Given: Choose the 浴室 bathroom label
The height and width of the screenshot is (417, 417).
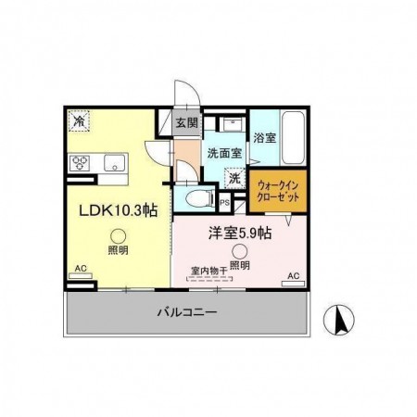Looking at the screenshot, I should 265,137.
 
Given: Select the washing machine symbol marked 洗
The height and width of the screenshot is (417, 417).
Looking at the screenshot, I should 234,177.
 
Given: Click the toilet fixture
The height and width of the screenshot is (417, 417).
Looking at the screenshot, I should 197,197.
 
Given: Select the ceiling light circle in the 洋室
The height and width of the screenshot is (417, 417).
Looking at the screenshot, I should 240,250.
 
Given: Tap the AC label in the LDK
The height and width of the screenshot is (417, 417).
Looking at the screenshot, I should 81,270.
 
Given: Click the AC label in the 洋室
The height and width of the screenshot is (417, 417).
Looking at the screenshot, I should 293,276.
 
